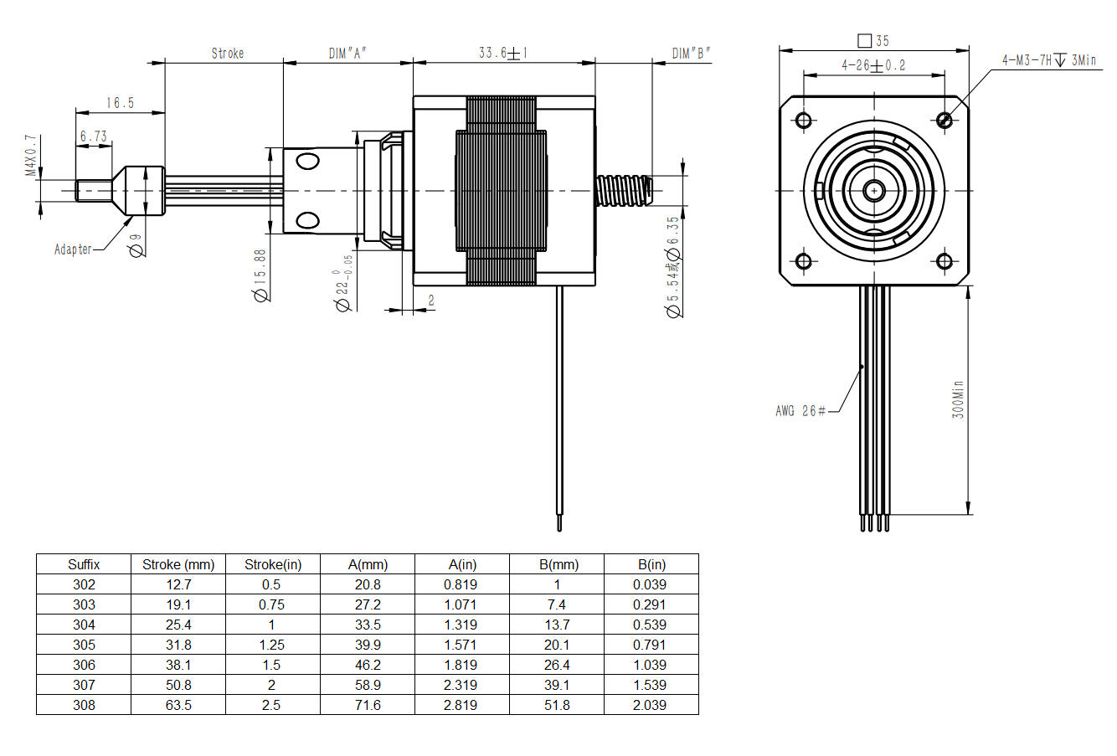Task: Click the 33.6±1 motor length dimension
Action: (x=502, y=53)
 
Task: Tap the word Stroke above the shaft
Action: (x=227, y=54)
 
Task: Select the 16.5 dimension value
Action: (x=120, y=103)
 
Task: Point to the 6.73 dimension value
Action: (x=93, y=136)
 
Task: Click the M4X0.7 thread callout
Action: (x=31, y=157)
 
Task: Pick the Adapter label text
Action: (x=73, y=249)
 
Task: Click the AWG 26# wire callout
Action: (x=800, y=410)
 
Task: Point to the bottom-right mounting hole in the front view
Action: (x=945, y=261)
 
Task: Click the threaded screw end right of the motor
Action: (x=624, y=190)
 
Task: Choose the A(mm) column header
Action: (x=368, y=564)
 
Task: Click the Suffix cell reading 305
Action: (x=84, y=645)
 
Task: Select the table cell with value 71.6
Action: (x=368, y=705)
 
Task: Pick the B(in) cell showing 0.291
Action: (x=650, y=604)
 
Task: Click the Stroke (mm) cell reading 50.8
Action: (x=178, y=685)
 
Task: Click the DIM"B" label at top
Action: (x=691, y=54)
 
